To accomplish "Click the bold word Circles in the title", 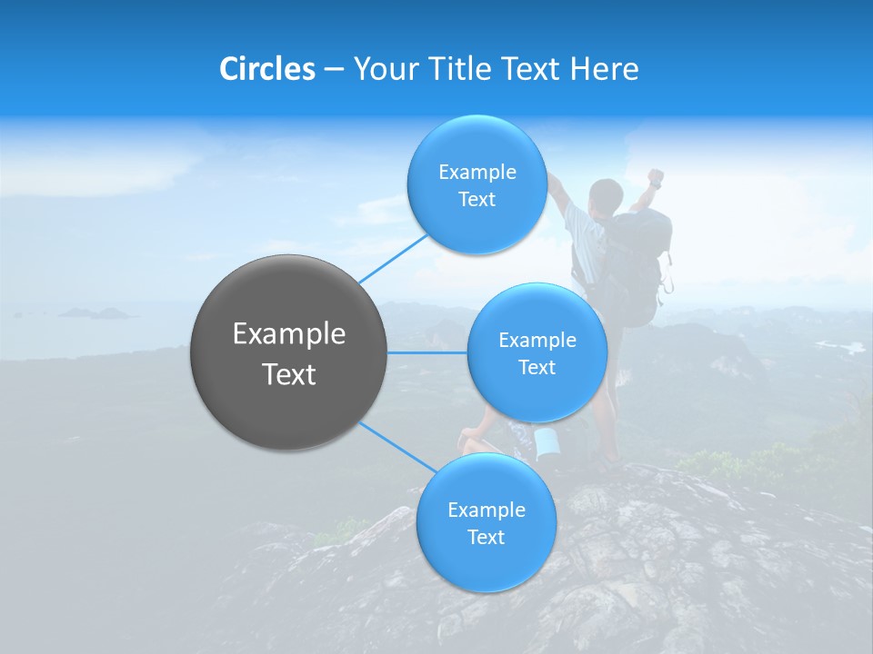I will pyautogui.click(x=266, y=69).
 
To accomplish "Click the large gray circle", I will pyautogui.click(x=288, y=352).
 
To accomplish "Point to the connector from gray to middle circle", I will pyautogui.click(x=427, y=352).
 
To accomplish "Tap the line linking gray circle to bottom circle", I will pyautogui.click(x=396, y=446).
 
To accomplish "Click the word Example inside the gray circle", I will pyautogui.click(x=288, y=334).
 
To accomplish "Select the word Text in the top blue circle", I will pyautogui.click(x=477, y=200).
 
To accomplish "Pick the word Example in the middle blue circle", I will pyautogui.click(x=537, y=341).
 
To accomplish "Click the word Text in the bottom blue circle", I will pyautogui.click(x=486, y=538).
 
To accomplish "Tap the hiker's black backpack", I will pyautogui.click(x=637, y=263).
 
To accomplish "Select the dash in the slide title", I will pyautogui.click(x=333, y=69).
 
